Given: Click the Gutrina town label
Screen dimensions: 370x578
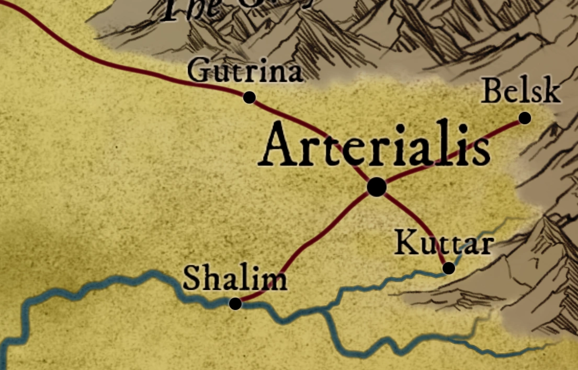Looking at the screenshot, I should [245, 72].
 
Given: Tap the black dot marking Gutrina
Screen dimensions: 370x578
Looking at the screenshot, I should [250, 97].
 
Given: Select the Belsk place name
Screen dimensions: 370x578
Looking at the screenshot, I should [520, 91].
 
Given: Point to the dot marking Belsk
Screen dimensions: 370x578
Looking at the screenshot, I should [525, 119].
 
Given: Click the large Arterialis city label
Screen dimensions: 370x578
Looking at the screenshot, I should [375, 146].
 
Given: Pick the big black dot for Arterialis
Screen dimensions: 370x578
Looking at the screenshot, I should [377, 187].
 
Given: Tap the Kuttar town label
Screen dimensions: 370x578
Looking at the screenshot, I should [444, 244].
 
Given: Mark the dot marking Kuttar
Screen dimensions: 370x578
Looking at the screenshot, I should [448, 269].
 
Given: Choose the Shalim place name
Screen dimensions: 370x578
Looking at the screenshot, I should [235, 279].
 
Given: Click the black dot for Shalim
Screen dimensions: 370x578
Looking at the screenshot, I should [235, 303].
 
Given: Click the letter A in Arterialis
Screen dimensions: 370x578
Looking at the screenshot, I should [278, 147].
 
